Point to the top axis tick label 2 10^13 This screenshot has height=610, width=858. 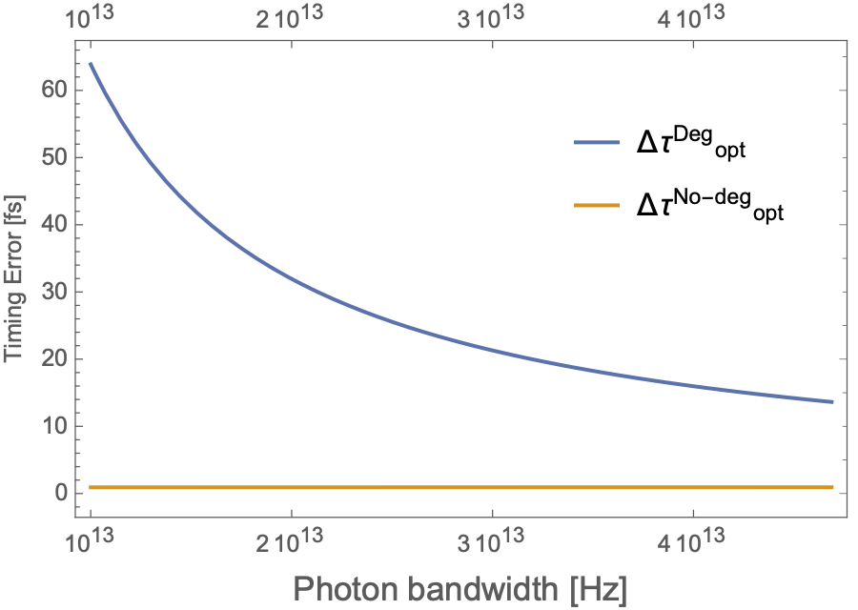tap(290, 18)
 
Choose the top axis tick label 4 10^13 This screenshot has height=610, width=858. tap(692, 18)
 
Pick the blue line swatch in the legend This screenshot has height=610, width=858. tap(597, 143)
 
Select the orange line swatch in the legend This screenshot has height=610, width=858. tap(597, 205)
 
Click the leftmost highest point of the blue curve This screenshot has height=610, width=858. tap(90, 63)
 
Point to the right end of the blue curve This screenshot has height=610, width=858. tap(833, 401)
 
